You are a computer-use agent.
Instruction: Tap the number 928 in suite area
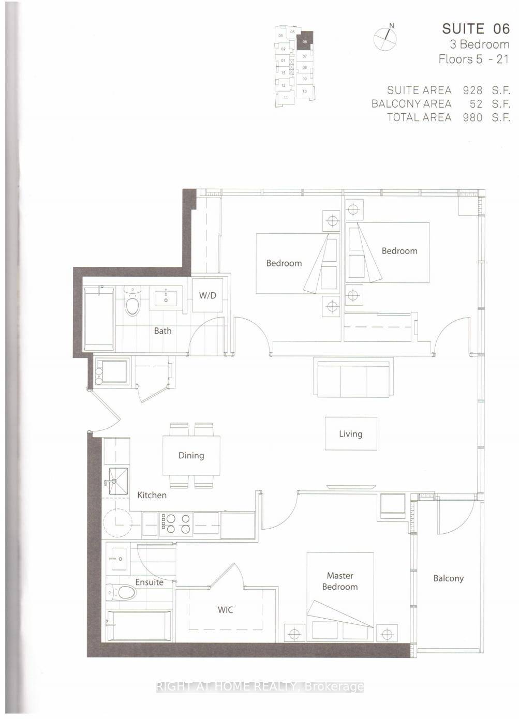(x=472, y=90)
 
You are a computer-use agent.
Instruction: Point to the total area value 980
(x=472, y=117)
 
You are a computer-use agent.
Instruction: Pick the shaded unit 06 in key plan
(x=304, y=42)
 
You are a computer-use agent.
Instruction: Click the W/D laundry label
(x=207, y=296)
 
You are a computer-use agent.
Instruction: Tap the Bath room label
(x=162, y=331)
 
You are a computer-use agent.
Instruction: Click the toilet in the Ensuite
(x=121, y=591)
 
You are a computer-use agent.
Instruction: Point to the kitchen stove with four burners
(x=176, y=523)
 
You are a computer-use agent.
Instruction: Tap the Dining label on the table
(x=191, y=456)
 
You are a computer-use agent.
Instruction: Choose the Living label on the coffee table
(x=350, y=434)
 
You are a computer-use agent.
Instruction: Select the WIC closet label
(x=225, y=610)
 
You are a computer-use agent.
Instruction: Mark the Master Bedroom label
(x=340, y=581)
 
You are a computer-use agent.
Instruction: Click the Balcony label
(x=448, y=578)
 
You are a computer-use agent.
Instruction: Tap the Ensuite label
(x=150, y=582)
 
